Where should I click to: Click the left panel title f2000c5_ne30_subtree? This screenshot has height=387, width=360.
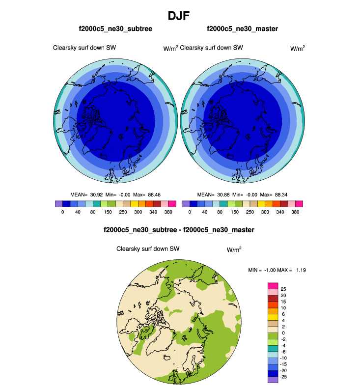(115, 29)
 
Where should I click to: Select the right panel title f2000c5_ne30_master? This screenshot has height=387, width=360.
(243, 29)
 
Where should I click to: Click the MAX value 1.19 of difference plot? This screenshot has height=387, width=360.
(301, 270)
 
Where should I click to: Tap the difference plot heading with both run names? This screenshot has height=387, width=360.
(180, 229)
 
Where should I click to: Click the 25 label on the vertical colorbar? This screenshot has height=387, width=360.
(283, 289)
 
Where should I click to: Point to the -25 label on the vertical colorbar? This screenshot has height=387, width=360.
(284, 377)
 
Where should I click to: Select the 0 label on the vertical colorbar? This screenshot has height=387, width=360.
(282, 333)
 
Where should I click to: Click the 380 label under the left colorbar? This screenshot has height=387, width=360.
(168, 212)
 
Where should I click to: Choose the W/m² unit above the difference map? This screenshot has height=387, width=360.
(234, 249)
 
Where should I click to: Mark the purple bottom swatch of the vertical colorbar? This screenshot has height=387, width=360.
(273, 380)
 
